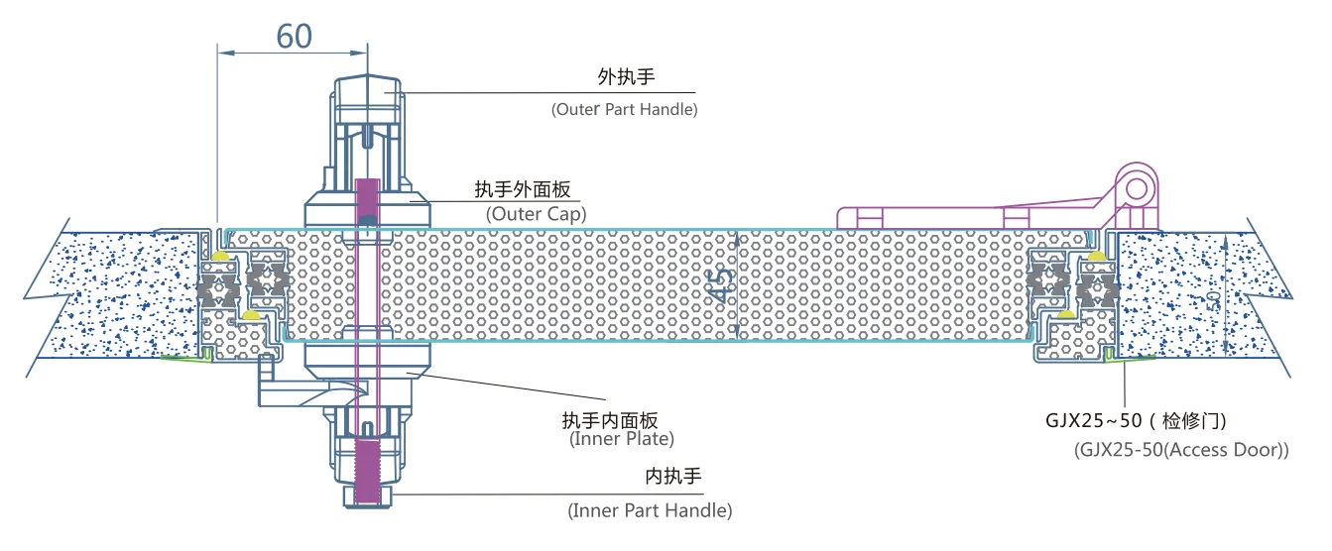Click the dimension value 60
tap(294, 36)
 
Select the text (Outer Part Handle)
tap(624, 109)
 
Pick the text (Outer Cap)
tap(536, 213)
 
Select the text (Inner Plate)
tap(622, 439)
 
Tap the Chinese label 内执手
tap(673, 477)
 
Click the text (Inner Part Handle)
tap(650, 511)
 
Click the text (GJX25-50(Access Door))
tap(1180, 450)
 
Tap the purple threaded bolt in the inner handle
tap(367, 457)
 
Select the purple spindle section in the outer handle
tap(367, 198)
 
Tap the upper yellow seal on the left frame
tap(217, 256)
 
